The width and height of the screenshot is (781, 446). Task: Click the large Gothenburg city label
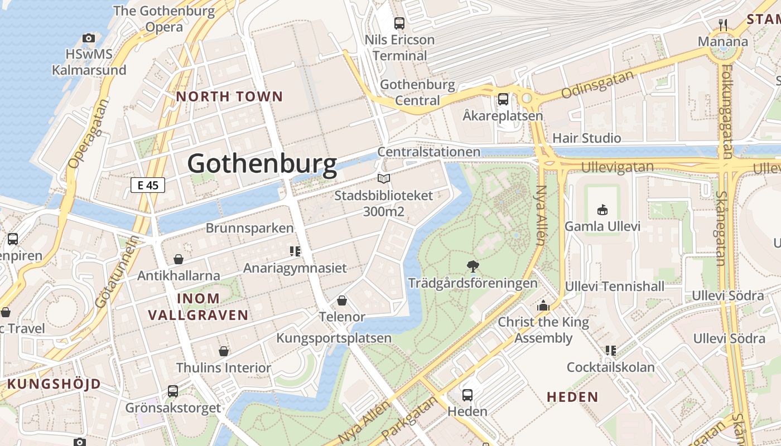[262, 164]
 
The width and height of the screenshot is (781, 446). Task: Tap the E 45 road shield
[148, 185]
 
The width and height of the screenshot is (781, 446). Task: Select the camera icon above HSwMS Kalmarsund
[88, 38]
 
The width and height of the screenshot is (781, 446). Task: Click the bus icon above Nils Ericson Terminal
[399, 23]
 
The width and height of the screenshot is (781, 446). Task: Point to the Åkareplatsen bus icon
[503, 99]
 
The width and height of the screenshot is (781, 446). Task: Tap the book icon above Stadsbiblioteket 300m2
[383, 178]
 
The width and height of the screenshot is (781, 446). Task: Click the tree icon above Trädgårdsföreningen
[473, 266]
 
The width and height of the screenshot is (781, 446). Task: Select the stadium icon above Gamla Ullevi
[602, 210]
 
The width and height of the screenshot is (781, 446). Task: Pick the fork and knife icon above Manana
[723, 25]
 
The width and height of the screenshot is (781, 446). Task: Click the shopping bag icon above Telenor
[342, 300]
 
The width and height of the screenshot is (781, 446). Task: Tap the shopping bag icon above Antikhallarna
[179, 259]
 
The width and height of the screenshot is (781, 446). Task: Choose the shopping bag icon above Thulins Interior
[223, 351]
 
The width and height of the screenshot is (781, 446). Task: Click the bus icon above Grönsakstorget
[173, 391]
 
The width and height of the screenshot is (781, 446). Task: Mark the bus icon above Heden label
[467, 395]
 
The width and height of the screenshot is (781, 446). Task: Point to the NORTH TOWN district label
[230, 96]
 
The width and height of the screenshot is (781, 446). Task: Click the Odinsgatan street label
[598, 85]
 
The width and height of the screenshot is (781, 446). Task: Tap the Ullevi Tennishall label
[615, 287]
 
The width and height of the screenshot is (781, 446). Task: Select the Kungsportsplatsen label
[334, 338]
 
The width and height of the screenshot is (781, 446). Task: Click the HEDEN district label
[572, 397]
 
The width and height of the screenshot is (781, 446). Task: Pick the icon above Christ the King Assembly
[543, 306]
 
